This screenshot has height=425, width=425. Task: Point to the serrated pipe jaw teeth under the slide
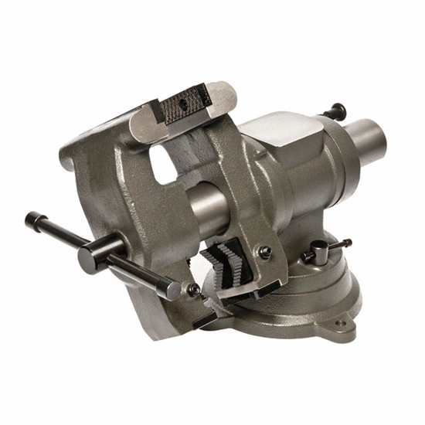pyautogui.click(x=224, y=261)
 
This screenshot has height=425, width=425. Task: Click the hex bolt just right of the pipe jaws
pyautogui.click(x=265, y=252)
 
